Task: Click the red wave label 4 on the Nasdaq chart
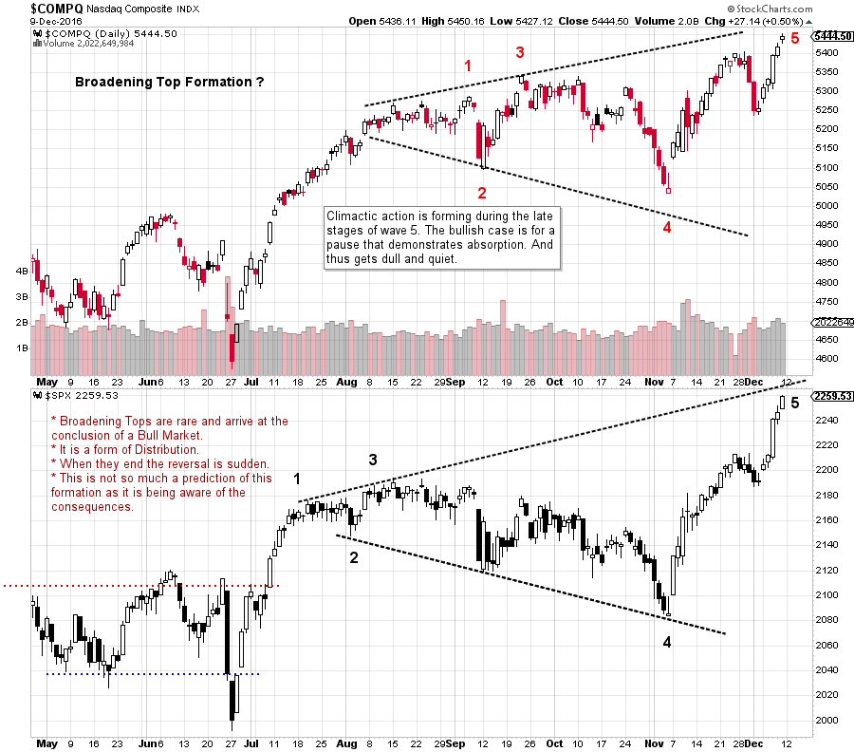tap(667, 227)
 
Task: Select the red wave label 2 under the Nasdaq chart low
tap(482, 193)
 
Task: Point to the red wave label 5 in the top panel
tap(795, 39)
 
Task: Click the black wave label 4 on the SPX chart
tap(666, 642)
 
